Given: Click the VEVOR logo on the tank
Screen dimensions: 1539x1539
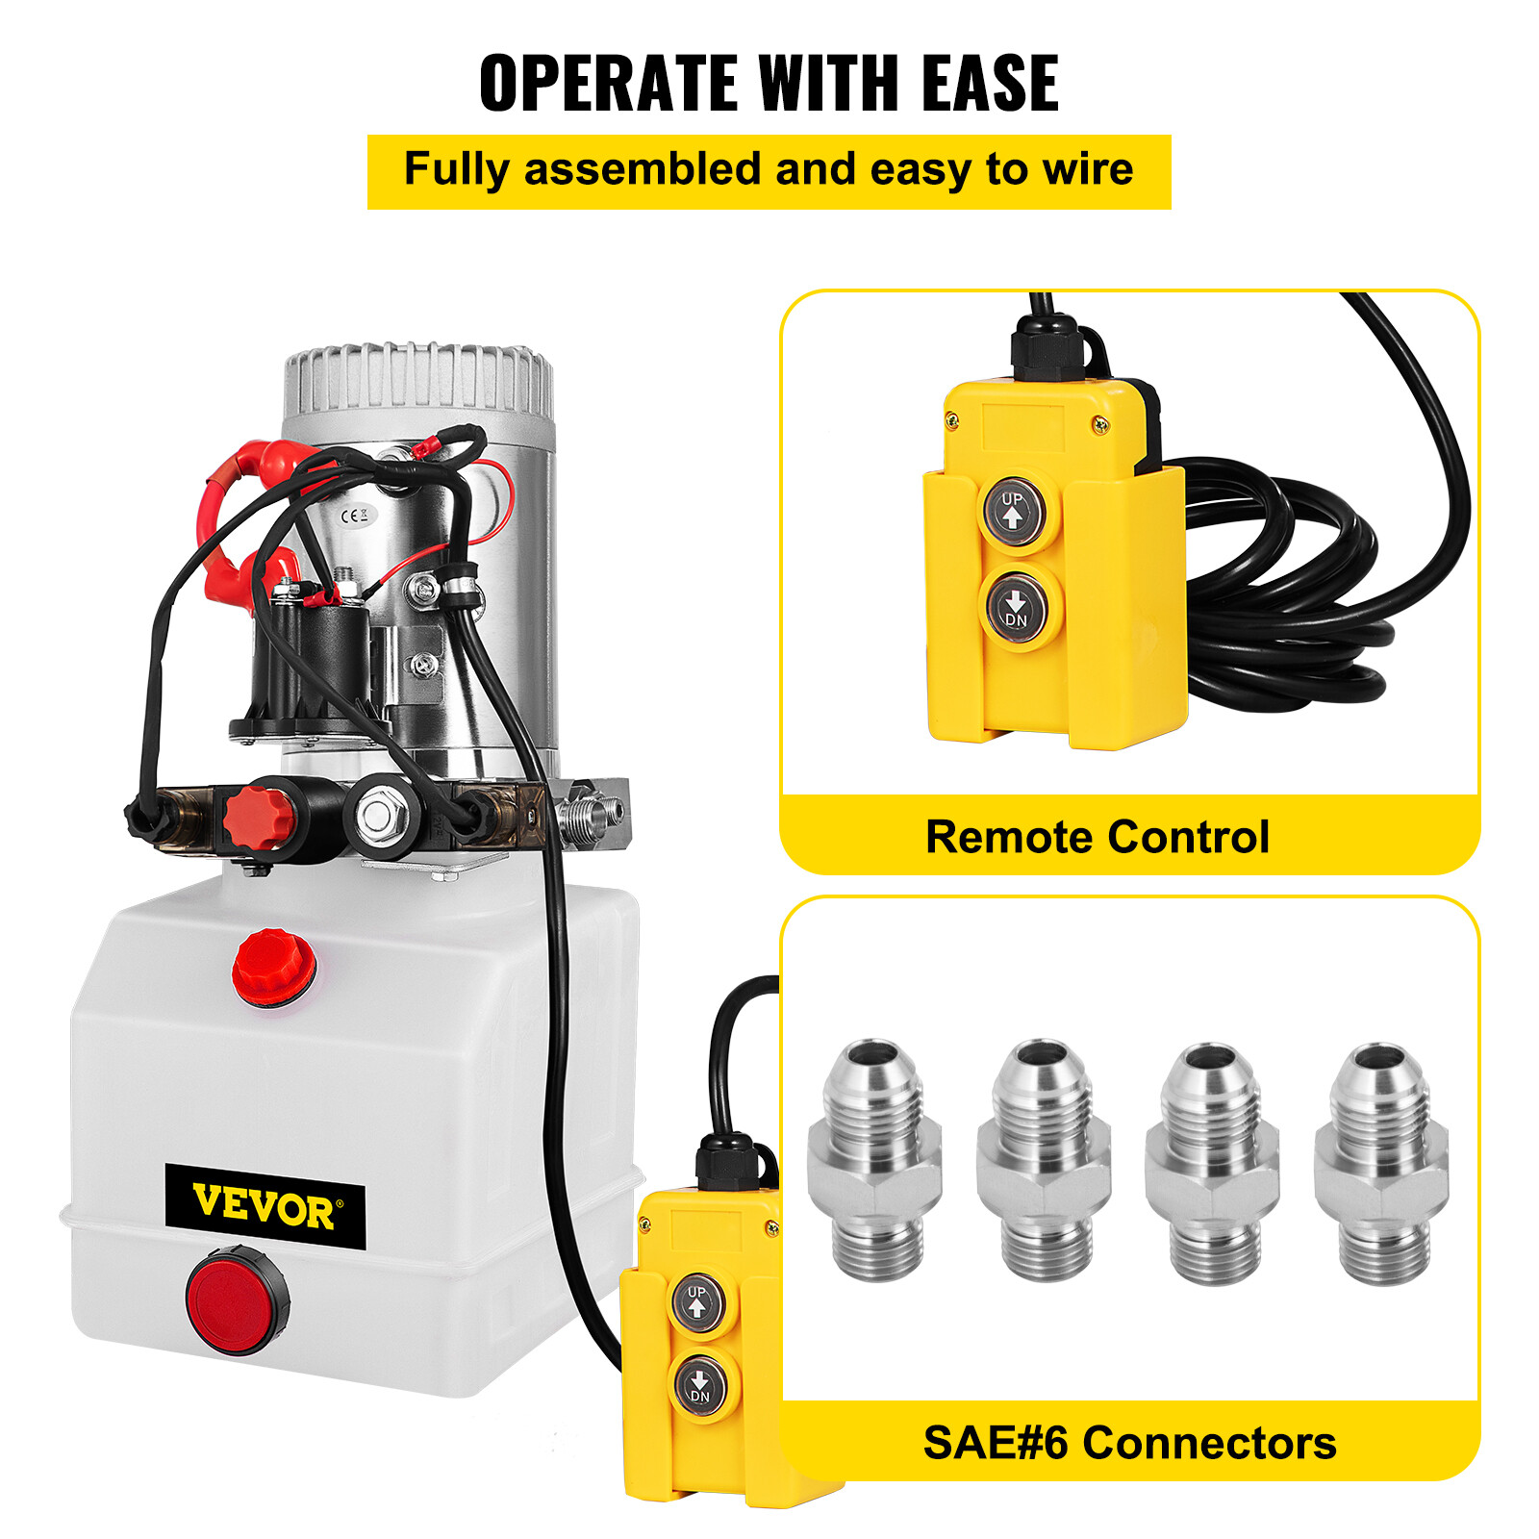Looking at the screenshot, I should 265,1206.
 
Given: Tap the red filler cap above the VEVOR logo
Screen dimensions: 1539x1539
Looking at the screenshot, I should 274,967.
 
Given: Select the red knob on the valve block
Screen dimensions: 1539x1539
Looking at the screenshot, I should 258,818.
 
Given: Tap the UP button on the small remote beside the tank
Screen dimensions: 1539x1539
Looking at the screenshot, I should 697,1302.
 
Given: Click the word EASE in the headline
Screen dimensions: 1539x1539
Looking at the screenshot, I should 990,84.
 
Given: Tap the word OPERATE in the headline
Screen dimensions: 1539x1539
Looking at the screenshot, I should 608,84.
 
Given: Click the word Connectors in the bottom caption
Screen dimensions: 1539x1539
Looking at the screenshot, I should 1209,1443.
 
